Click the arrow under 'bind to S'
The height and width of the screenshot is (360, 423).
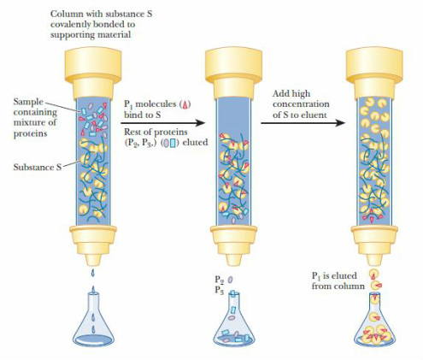tap(162, 123)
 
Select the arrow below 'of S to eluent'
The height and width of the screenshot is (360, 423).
tap(303, 123)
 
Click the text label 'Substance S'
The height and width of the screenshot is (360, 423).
tap(38, 167)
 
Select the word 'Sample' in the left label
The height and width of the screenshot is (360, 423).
tap(28, 103)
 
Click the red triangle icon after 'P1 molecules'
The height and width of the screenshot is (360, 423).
tap(185, 105)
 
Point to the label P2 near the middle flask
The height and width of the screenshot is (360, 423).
tap(220, 280)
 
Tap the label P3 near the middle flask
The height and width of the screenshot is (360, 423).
tap(220, 290)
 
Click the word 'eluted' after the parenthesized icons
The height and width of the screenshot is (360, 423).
tap(195, 142)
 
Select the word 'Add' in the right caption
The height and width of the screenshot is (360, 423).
tap(280, 93)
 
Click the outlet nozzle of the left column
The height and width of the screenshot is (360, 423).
tap(93, 260)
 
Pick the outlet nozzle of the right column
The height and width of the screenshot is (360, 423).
tap(374, 260)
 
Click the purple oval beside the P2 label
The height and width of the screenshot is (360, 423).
tap(230, 280)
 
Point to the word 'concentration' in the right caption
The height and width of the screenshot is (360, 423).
tap(301, 104)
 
